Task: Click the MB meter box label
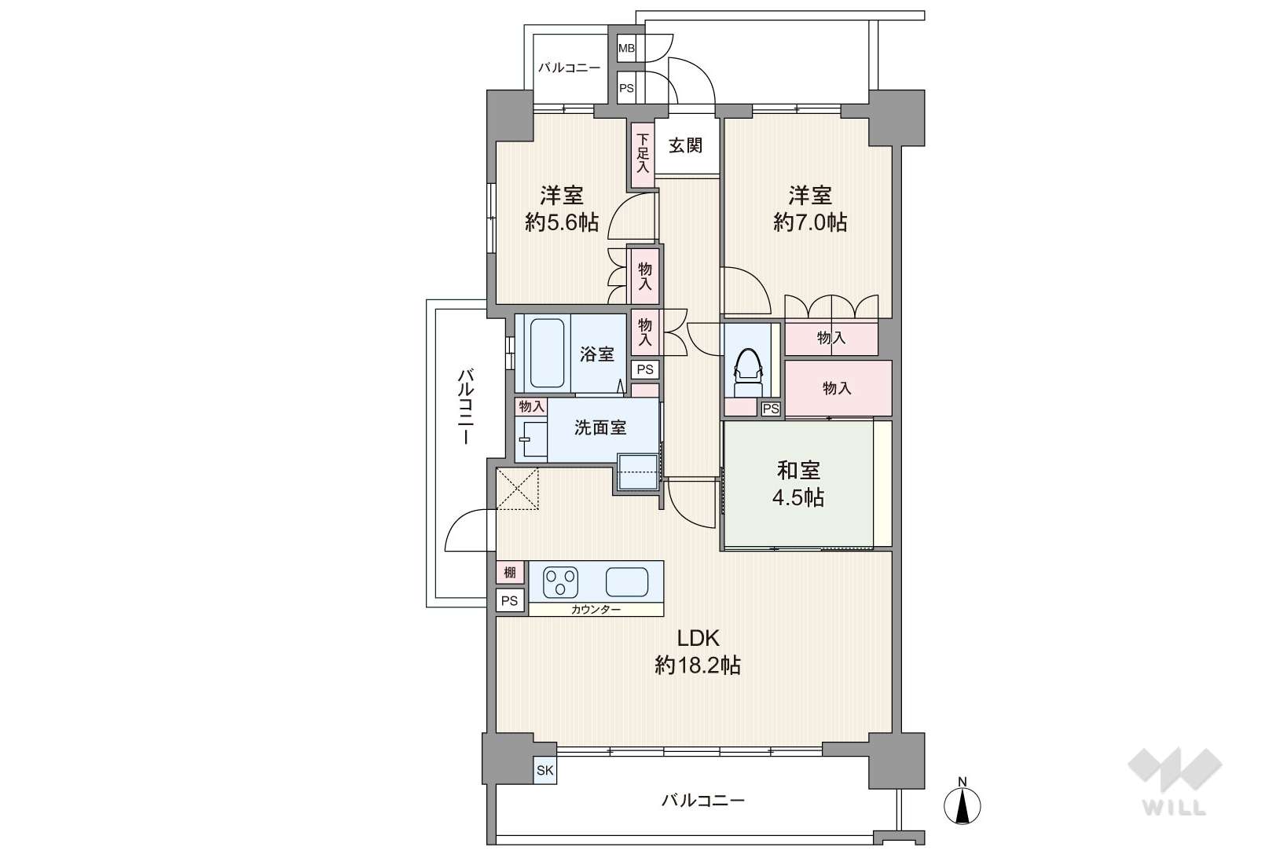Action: [626, 49]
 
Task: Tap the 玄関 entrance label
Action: [686, 145]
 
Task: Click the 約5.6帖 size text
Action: [561, 222]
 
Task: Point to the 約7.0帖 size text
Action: [809, 222]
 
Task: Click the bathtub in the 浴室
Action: [547, 353]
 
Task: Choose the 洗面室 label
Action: [600, 427]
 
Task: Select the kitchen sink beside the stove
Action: [627, 582]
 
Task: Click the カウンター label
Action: [596, 610]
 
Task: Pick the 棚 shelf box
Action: [510, 572]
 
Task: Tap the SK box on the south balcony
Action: [544, 771]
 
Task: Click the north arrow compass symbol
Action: [962, 804]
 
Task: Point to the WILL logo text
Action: [1175, 808]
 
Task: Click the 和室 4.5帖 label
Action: [798, 483]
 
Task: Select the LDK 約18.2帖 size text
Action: [698, 652]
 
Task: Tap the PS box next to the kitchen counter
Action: [510, 601]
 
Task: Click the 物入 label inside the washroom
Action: [531, 407]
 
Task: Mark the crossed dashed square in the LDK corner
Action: [518, 489]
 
